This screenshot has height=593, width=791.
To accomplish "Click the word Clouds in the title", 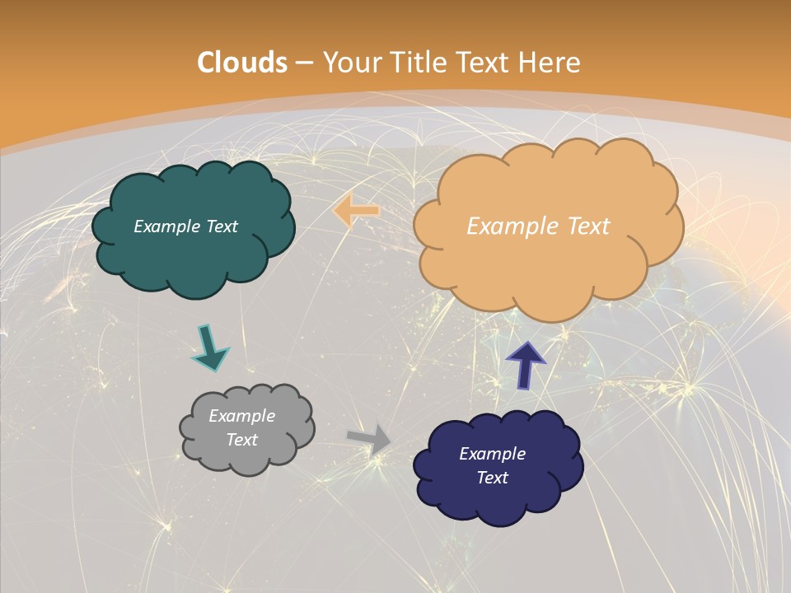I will (x=242, y=63).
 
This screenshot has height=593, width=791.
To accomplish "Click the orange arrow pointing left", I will (x=356, y=211).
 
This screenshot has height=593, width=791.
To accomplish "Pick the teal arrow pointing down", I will (x=209, y=347).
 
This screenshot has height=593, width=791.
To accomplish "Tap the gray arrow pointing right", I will (x=369, y=439).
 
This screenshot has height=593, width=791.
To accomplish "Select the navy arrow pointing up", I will (x=525, y=365).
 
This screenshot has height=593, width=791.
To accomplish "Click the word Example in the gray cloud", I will (x=241, y=417).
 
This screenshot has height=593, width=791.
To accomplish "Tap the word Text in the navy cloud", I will (x=492, y=478).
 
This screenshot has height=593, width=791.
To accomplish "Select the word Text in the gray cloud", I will (x=241, y=440).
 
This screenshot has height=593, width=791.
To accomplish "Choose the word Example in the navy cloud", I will (x=492, y=454).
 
